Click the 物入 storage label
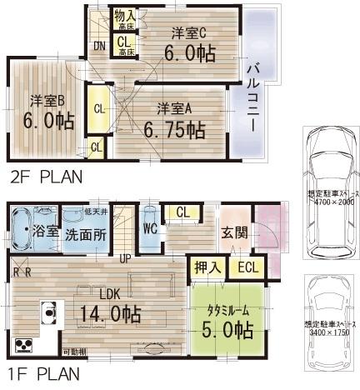124,14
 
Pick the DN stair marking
99,46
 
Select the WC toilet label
150,227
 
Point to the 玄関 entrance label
233,232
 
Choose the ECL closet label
247,268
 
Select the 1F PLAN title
45,373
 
